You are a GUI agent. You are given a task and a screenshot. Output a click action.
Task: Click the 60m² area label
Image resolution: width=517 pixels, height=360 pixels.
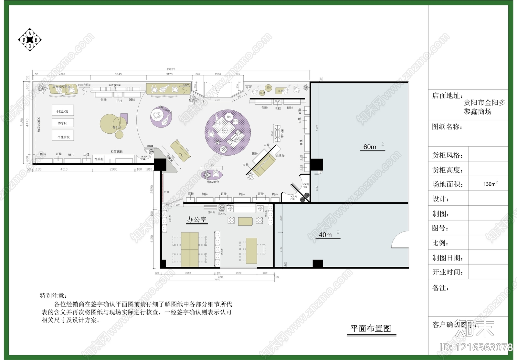click(370, 147)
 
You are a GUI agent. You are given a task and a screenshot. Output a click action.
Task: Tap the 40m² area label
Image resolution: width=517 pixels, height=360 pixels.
click(325, 235)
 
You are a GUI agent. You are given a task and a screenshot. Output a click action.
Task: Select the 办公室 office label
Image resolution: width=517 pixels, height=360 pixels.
click(196, 220)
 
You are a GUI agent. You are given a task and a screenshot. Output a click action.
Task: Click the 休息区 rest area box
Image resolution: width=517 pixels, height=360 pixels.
click(63, 123)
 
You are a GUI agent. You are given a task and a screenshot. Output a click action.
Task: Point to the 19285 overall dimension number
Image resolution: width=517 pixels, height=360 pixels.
click(171, 69)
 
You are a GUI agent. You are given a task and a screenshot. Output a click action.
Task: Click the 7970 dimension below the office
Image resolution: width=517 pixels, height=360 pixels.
click(217, 280)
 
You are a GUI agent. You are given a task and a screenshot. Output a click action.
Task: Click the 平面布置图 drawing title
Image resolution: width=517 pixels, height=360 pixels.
click(371, 328)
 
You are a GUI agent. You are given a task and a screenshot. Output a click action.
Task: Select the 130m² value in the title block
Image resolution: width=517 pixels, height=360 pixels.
click(490, 184)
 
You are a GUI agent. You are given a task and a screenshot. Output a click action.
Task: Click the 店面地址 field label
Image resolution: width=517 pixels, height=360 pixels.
click(448, 96)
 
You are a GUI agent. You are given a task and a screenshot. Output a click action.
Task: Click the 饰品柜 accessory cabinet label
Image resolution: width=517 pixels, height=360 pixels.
click(99, 159)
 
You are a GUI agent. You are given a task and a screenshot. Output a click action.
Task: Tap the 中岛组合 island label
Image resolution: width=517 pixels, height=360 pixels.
click(115, 128)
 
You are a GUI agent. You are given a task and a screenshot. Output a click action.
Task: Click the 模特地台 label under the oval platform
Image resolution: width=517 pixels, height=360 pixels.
click(213, 182)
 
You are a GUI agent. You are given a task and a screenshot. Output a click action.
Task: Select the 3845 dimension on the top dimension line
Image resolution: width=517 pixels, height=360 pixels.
click(118, 74)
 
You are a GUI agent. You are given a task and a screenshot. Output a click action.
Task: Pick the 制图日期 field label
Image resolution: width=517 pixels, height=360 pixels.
click(448, 258)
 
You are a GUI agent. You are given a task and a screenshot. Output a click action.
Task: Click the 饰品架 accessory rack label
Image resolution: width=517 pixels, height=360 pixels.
click(280, 156)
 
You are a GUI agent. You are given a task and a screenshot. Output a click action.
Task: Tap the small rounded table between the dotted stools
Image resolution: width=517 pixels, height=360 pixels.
click(245, 221)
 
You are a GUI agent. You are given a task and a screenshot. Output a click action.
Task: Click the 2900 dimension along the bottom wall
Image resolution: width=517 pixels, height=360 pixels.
click(113, 169)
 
